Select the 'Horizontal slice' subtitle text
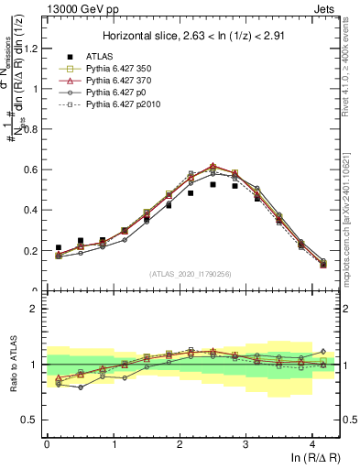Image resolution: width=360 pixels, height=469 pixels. click(x=191, y=36)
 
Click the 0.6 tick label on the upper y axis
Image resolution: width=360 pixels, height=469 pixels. click(x=31, y=169)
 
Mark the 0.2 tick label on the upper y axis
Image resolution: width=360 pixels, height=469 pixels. click(x=31, y=250)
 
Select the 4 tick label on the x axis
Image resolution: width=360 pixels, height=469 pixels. click(x=312, y=443)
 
